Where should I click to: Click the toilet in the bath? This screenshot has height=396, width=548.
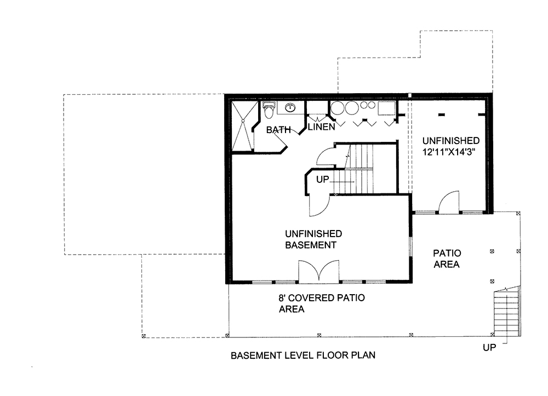tap(268, 111)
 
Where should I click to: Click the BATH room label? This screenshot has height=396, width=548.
tap(278, 130)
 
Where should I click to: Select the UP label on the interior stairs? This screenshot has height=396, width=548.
tap(322, 179)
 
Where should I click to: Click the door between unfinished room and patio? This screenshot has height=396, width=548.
tap(450, 203)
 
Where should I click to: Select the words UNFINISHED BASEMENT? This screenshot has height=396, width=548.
tap(313, 238)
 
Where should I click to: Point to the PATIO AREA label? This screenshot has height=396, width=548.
tap(447, 259)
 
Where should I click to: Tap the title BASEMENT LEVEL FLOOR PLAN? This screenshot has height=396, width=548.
tap(303, 355)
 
